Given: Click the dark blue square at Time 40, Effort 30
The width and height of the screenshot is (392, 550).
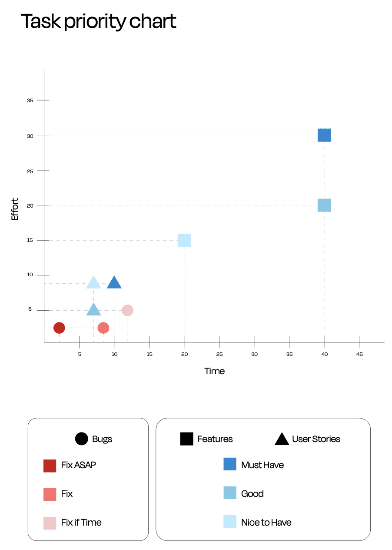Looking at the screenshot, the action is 324,135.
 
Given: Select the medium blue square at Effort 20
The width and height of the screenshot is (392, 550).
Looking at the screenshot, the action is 324,205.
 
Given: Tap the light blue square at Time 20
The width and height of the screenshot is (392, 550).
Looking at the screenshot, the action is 184,240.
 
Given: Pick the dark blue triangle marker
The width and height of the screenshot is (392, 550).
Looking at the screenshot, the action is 114,282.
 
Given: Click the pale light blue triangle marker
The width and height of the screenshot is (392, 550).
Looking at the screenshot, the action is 93,282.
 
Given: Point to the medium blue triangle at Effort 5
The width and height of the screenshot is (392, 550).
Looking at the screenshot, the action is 93,310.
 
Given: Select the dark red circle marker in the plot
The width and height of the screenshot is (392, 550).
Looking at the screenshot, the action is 59,328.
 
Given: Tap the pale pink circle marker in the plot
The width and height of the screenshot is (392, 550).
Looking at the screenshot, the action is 128,310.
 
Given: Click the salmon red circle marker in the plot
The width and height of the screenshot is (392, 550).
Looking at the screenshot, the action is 103,328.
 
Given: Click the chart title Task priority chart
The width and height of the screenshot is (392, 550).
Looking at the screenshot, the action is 99,22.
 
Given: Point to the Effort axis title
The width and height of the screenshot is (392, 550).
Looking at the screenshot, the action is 15,209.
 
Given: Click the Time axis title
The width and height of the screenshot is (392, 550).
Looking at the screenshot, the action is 214,371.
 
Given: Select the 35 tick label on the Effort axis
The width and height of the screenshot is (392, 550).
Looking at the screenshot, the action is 30,101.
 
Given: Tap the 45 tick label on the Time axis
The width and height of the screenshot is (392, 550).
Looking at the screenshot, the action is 359,354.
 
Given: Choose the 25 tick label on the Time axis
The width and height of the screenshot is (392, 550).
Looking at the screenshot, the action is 219,354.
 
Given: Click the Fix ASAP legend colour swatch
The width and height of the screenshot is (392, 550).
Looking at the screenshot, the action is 50,466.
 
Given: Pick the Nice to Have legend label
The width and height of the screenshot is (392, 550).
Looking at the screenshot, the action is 266,522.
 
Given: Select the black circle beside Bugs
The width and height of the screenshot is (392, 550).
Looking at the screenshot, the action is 81,439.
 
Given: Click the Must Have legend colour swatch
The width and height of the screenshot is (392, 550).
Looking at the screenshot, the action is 230,464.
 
